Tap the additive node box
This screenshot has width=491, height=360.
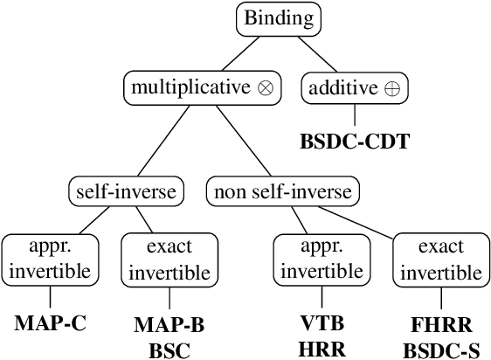354,87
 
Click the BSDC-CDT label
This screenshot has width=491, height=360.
354,141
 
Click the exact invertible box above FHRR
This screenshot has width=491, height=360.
441,260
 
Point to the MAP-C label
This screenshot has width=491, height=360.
50,322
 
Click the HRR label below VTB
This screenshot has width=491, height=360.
322,348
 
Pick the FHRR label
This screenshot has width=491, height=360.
441,325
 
